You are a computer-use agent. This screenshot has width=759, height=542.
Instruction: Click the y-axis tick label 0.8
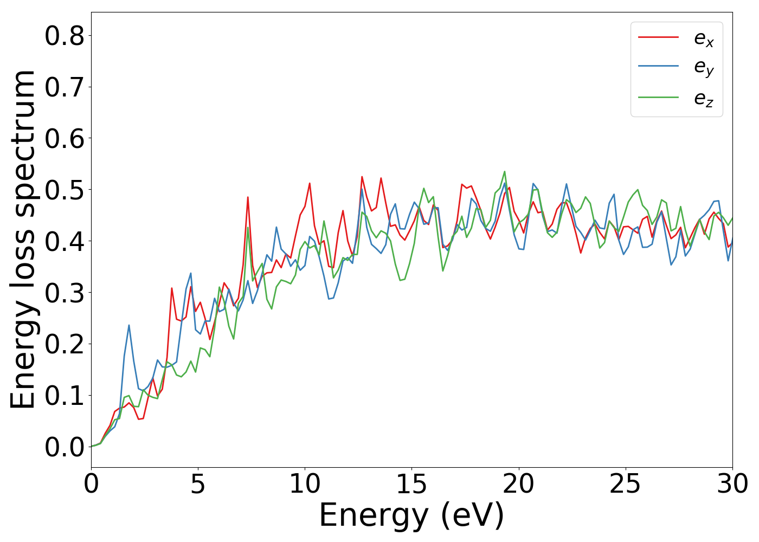(x=65, y=36)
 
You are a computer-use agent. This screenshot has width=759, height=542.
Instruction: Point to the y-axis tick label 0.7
(x=65, y=87)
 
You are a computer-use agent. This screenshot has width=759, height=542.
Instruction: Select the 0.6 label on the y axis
(x=65, y=139)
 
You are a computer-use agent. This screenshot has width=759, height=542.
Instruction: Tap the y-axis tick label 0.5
(x=65, y=190)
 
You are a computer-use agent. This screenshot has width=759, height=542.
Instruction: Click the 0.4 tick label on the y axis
(x=65, y=241)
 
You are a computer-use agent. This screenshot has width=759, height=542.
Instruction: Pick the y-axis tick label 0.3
(x=65, y=293)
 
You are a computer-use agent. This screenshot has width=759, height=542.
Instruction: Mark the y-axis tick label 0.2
(x=65, y=344)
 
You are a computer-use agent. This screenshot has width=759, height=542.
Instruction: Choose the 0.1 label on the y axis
(x=65, y=396)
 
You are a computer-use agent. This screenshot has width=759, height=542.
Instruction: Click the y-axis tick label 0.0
(x=65, y=447)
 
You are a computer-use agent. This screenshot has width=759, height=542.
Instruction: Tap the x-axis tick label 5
(x=198, y=484)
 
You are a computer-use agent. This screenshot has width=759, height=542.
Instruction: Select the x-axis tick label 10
(x=305, y=484)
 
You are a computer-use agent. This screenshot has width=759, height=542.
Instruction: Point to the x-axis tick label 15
(x=411, y=484)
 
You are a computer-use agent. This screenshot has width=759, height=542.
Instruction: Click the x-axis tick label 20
(x=519, y=484)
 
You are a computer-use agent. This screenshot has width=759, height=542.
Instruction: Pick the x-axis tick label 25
(x=626, y=484)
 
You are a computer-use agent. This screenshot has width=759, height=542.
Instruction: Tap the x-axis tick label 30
(x=732, y=484)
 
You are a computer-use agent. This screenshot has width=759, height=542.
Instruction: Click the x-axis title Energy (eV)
(x=411, y=515)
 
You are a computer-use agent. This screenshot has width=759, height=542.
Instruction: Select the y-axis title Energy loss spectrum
(x=23, y=240)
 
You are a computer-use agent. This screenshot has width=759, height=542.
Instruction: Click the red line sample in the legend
(x=658, y=37)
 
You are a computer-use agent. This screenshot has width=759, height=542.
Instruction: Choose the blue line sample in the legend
(x=658, y=66)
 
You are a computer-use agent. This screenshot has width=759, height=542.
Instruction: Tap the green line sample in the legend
(x=658, y=98)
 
